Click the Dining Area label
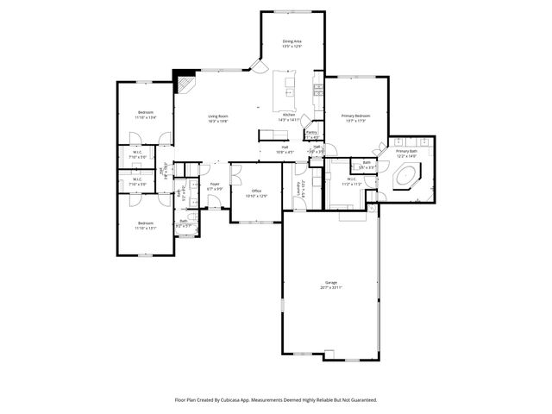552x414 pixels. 292,41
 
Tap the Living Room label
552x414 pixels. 217,116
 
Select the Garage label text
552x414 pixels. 330,282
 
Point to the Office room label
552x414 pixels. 256,191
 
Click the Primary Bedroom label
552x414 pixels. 355,116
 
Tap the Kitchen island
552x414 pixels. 285,86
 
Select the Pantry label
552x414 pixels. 311,132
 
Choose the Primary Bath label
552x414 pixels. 406,151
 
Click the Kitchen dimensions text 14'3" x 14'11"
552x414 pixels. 290,120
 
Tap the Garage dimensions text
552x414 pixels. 330,287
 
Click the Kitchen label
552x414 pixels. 289,115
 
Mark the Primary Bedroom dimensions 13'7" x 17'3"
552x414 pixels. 355,121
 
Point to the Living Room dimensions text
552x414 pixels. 217,121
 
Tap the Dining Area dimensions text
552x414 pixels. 292,46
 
